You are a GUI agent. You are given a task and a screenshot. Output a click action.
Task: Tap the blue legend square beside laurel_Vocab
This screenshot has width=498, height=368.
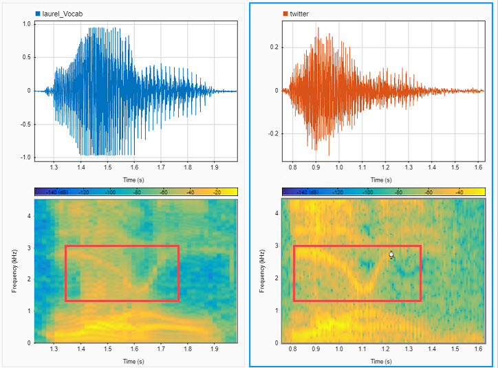click(x=38, y=13)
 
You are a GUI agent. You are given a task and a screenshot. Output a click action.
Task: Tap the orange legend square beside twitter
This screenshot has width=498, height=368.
click(x=285, y=13)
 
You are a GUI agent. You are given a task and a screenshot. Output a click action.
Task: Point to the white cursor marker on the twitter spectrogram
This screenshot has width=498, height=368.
click(x=391, y=255)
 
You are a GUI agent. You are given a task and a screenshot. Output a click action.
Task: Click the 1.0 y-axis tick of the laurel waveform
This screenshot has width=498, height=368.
click(x=26, y=23)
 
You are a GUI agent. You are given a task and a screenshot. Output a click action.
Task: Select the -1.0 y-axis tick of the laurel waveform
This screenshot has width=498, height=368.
click(x=25, y=158)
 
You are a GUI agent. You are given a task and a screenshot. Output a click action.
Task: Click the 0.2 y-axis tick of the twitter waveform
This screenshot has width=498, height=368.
click(x=274, y=47)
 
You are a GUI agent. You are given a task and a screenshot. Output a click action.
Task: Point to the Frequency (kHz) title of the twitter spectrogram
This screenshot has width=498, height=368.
click(x=262, y=270)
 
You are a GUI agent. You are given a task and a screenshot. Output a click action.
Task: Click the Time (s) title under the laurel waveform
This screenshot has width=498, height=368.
click(x=135, y=179)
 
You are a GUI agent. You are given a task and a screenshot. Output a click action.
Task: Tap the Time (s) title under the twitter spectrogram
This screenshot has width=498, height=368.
click(x=382, y=360)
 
